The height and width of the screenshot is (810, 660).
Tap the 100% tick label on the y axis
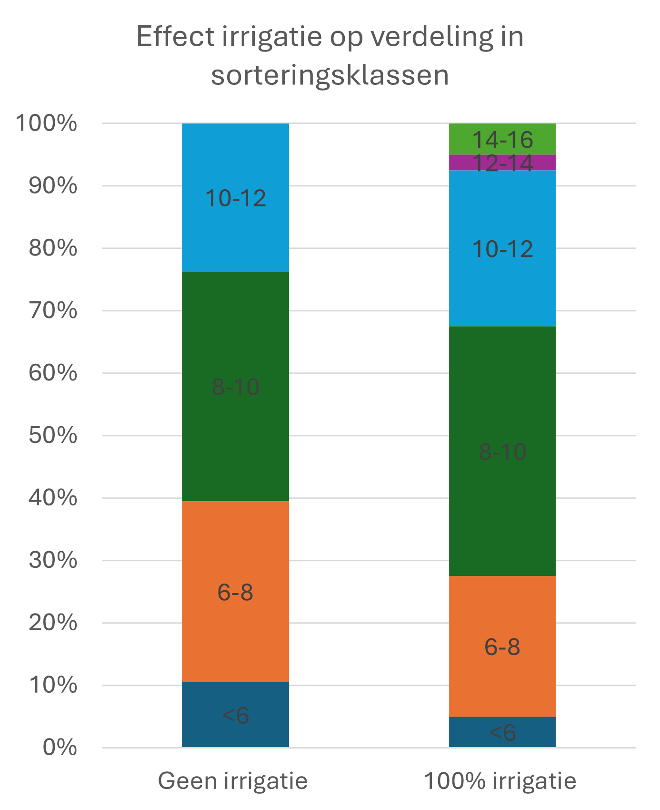click(47, 123)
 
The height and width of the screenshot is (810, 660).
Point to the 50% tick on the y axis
click(53, 435)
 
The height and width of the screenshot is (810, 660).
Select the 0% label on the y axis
click(60, 748)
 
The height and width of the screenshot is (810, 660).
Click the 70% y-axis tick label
click(53, 311)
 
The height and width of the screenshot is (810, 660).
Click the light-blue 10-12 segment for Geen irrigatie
click(235, 197)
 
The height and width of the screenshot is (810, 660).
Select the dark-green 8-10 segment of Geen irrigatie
click(235, 386)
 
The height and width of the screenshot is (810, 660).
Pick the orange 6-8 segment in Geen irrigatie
click(235, 591)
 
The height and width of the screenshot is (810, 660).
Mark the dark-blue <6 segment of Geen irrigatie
click(235, 715)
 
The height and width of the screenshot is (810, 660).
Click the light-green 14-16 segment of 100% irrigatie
click(502, 139)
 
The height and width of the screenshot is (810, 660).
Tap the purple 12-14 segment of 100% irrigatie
click(502, 163)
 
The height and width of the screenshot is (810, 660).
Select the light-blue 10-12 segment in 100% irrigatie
click(502, 248)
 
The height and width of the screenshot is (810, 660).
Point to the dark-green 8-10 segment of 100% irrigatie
click(502, 451)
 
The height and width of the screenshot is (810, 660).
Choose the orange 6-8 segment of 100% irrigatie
click(502, 646)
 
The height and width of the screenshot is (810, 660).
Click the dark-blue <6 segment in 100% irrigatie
click(502, 732)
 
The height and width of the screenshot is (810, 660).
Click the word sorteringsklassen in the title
click(330, 75)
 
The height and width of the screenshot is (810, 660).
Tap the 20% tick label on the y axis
click(53, 623)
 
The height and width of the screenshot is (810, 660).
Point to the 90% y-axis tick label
click(53, 186)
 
